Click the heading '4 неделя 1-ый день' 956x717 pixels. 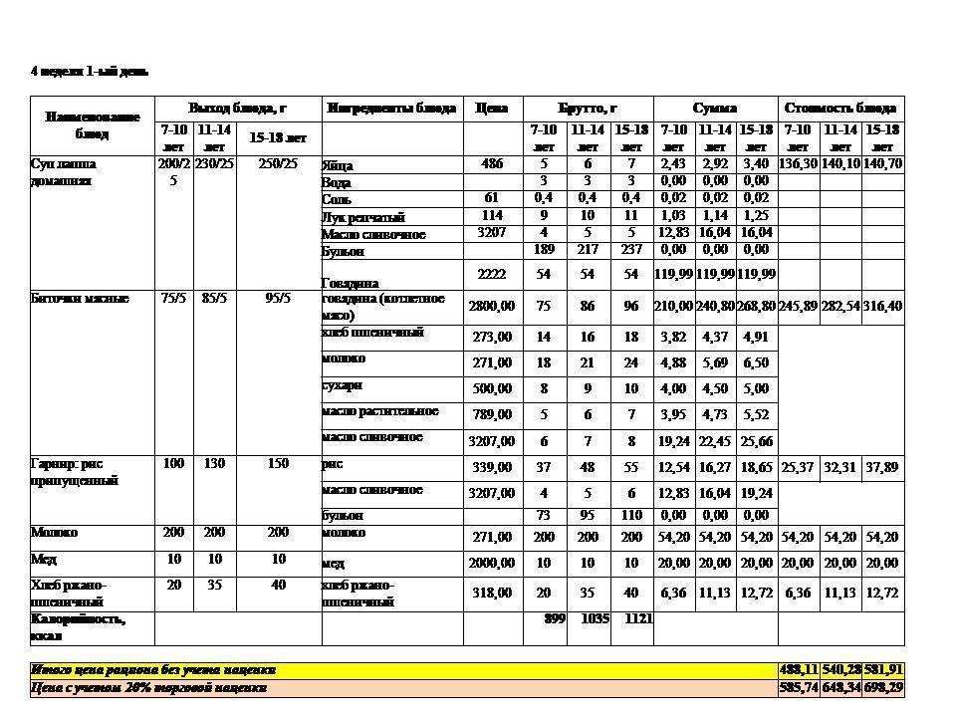pyautogui.click(x=90, y=71)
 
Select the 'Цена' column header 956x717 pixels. pyautogui.click(x=492, y=109)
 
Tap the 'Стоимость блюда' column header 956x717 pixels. pyautogui.click(x=840, y=109)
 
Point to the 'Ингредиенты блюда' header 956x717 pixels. pyautogui.click(x=391, y=109)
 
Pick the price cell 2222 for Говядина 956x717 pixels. pyautogui.click(x=492, y=274)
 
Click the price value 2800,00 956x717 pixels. pyautogui.click(x=492, y=307)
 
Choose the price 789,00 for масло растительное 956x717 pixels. pyautogui.click(x=492, y=414)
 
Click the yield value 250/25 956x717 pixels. pyautogui.click(x=279, y=163)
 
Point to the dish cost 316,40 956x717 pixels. pyautogui.click(x=882, y=307)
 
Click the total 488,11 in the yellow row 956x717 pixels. pyautogui.click(x=798, y=670)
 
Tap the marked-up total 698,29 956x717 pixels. pyautogui.click(x=882, y=687)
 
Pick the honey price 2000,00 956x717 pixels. pyautogui.click(x=492, y=564)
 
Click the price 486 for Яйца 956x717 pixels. pyautogui.click(x=492, y=163)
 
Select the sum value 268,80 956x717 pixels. pyautogui.click(x=757, y=307)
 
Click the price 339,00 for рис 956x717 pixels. pyautogui.click(x=492, y=467)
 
